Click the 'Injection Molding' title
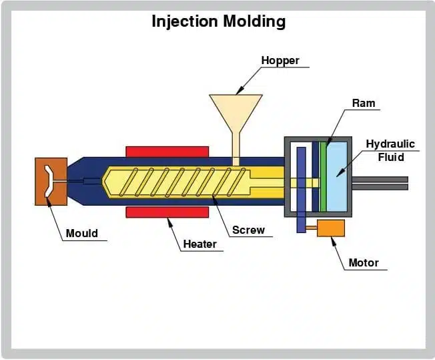(219, 21)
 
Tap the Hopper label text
(280, 61)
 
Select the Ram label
(364, 103)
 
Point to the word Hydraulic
(390, 144)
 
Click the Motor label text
(364, 262)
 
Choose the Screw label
(248, 230)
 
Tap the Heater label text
(199, 244)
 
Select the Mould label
(82, 233)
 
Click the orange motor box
(331, 228)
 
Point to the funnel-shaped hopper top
(236, 111)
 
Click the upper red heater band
(167, 152)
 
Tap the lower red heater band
(167, 212)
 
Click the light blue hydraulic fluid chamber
(337, 177)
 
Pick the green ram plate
(323, 177)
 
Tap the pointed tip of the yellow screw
(102, 182)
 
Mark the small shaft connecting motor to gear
(312, 228)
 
